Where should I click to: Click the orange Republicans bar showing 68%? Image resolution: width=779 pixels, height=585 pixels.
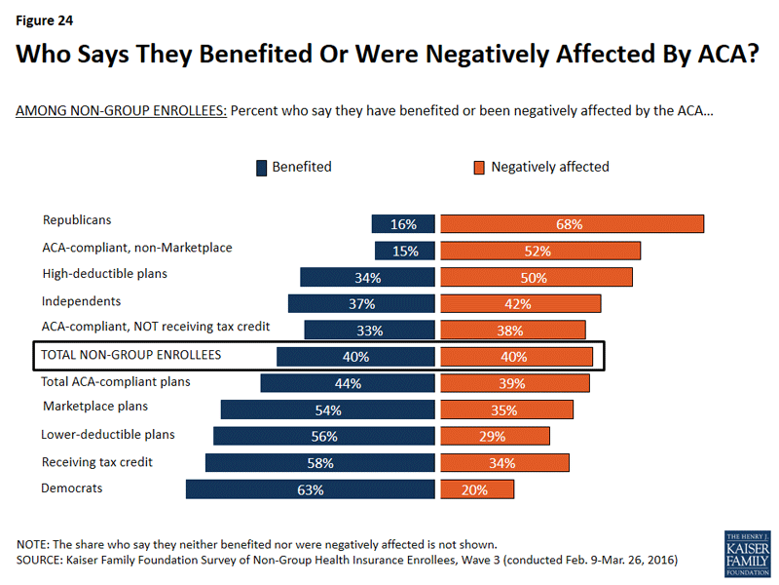click(572, 224)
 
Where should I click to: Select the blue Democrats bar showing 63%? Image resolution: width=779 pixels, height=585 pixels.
click(310, 489)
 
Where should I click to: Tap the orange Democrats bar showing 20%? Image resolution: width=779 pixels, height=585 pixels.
click(476, 489)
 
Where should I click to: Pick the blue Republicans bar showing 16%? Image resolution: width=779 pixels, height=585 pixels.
click(403, 224)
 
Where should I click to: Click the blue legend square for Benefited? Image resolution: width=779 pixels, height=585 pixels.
click(261, 168)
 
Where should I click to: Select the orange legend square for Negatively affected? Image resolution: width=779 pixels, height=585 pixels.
click(479, 168)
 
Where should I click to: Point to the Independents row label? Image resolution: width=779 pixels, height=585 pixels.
click(81, 301)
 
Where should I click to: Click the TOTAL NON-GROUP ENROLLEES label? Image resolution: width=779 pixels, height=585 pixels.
click(130, 355)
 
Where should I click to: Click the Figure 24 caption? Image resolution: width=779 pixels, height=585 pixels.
click(45, 19)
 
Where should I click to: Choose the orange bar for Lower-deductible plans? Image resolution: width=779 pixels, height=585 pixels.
click(495, 437)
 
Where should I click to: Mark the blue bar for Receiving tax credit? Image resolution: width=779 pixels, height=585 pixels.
click(318, 463)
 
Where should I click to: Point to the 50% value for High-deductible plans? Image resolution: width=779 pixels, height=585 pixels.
click(534, 278)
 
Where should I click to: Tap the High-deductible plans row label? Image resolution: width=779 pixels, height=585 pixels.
click(105, 274)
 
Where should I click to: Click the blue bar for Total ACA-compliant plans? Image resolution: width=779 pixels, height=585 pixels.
click(347, 383)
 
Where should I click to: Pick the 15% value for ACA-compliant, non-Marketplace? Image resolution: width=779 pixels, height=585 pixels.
click(405, 251)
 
